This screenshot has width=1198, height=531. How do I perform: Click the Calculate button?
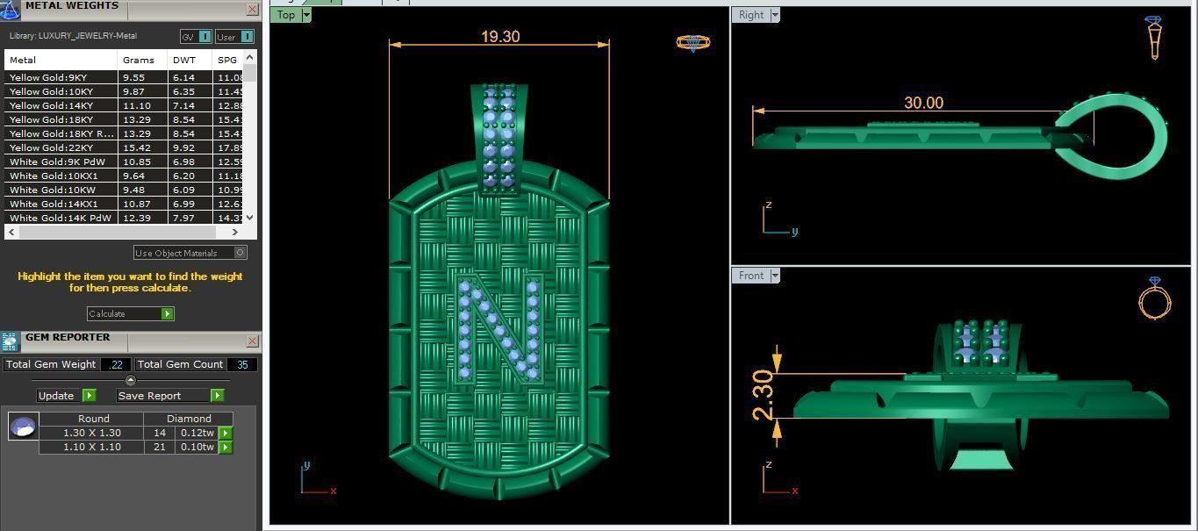coord(130,313)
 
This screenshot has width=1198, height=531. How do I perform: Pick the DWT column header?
coord(184,60)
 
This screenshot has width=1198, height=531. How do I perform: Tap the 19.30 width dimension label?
coord(500,37)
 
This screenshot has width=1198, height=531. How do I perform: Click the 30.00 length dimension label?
coord(923,103)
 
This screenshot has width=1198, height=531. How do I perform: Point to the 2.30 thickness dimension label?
coord(762,395)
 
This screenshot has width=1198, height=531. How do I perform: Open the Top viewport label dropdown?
coord(306,15)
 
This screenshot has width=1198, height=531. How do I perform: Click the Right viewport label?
coord(751,15)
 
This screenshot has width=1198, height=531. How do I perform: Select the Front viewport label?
coord(751,276)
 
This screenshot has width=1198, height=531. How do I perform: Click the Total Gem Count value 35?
coord(242,364)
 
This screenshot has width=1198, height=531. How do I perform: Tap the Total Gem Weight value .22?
coord(116,364)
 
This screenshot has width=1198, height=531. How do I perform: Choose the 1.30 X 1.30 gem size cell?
coord(92,433)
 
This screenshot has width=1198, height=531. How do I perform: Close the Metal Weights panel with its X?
coord(253,10)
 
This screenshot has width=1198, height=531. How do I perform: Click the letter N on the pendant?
coord(499,329)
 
